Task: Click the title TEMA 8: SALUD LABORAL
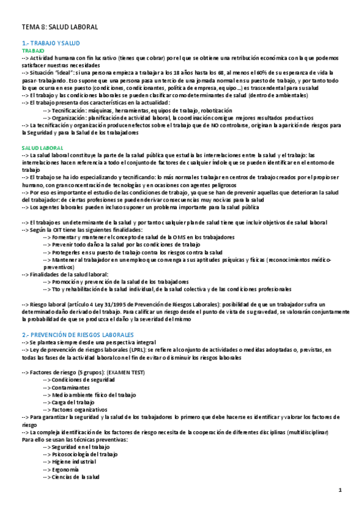click(x=60, y=27)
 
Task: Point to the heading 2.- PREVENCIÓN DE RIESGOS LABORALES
click(x=81, y=335)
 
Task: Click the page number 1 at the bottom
click(x=341, y=490)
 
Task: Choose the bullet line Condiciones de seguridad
click(x=83, y=380)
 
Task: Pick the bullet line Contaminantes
click(x=74, y=387)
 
